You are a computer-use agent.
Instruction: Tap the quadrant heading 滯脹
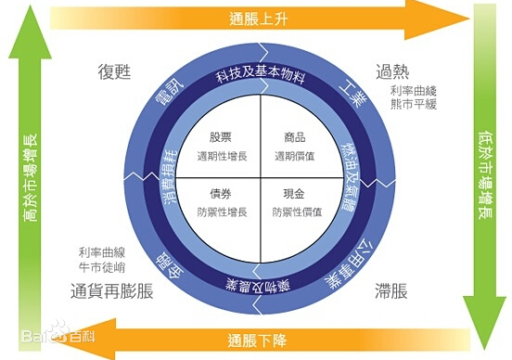coord(391,289)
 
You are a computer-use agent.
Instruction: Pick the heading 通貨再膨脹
coord(111,289)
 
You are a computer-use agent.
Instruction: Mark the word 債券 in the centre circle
coord(222,195)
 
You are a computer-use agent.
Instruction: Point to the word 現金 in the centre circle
coord(294,195)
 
